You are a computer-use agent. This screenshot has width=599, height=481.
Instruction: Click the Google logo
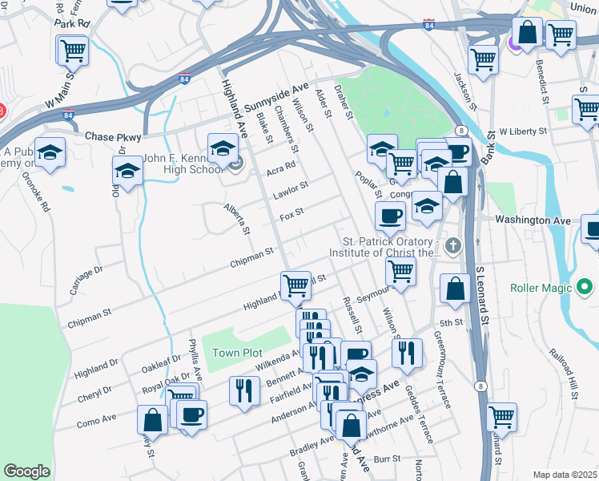(x=27, y=471)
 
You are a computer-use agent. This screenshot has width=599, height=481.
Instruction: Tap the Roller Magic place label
(x=542, y=286)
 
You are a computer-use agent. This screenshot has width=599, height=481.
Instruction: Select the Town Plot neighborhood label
(x=237, y=353)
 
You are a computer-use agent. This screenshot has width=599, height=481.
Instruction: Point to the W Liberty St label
(x=522, y=130)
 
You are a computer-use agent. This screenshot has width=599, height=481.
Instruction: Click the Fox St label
(x=291, y=213)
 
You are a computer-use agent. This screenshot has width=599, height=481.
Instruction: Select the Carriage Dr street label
(x=86, y=280)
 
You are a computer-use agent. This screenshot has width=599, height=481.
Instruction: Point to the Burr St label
(x=386, y=459)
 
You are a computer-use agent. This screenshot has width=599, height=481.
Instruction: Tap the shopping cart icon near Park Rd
(x=72, y=51)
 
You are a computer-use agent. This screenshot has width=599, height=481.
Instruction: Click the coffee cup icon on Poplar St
(x=391, y=215)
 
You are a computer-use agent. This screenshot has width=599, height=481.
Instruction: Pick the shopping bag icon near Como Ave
(x=152, y=419)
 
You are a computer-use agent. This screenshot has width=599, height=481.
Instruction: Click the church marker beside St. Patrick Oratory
(x=453, y=245)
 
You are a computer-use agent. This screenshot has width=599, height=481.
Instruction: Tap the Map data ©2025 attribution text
(x=565, y=475)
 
